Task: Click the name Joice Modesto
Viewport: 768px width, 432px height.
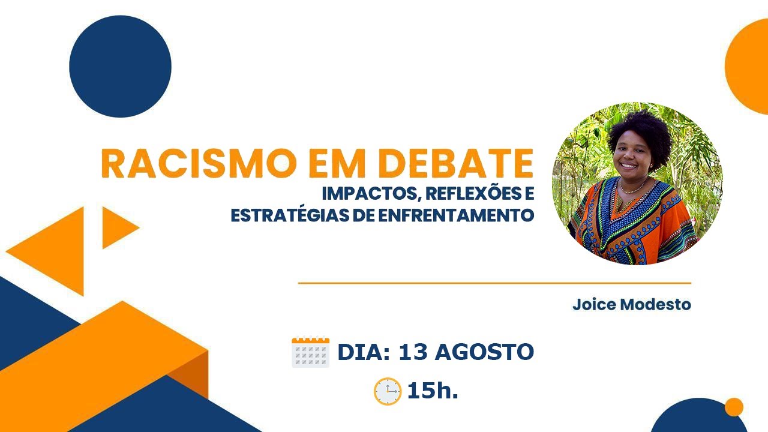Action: coord(631,304)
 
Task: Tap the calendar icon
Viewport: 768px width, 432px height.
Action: coord(311,353)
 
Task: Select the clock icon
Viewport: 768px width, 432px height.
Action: coord(387,392)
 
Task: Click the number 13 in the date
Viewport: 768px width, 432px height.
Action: coord(412,352)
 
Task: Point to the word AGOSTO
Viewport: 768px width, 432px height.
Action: coord(484,352)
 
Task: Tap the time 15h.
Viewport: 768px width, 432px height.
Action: coord(432,391)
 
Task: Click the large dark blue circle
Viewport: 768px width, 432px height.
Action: coord(120,66)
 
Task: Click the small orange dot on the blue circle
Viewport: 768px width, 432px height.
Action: coord(733,407)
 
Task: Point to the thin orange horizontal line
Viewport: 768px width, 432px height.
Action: coord(494,283)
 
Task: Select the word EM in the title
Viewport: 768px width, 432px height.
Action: coord(326,163)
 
